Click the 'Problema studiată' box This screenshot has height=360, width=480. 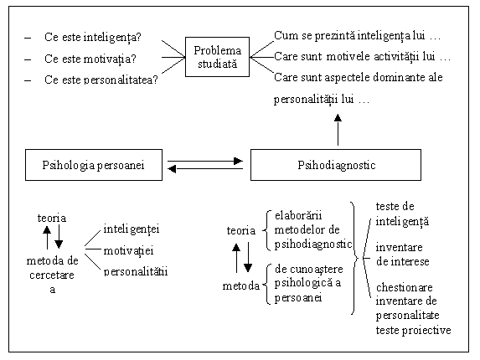(217, 57)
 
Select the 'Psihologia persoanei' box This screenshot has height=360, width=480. (94, 165)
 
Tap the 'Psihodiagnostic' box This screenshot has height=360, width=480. (336, 165)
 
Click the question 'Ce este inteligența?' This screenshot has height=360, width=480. (93, 38)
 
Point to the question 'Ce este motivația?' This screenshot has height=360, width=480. (90, 59)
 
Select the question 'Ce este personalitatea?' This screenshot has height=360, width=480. (101, 80)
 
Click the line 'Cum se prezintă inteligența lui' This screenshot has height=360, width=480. (349, 36)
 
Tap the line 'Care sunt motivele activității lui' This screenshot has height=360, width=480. (354, 57)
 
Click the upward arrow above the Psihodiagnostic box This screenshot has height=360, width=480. (338, 130)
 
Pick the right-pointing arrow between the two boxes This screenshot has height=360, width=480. (205, 161)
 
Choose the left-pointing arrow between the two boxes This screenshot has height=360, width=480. (205, 168)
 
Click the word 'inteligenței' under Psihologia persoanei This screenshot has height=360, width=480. (132, 229)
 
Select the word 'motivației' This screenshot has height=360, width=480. (128, 251)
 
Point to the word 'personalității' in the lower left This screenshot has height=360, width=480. (136, 271)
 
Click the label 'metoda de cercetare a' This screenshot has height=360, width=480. (52, 275)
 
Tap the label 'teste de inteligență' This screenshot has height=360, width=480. (402, 214)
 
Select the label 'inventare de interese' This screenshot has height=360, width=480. (402, 255)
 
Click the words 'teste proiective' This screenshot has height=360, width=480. (413, 331)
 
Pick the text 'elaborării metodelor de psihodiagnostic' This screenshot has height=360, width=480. (313, 230)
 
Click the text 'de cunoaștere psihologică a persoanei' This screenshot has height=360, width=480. (308, 283)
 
